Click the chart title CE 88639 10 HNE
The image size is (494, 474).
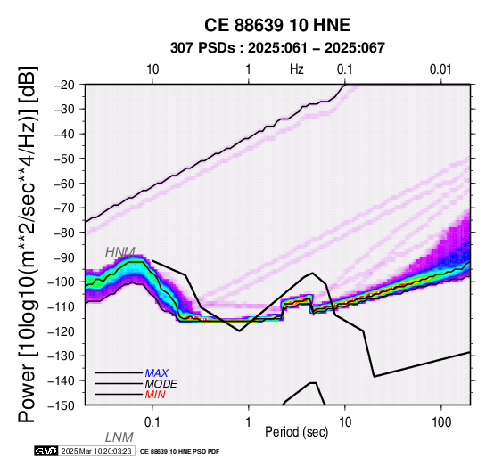tap(277, 25)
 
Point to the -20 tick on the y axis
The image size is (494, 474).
tap(65, 85)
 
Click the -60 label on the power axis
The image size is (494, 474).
tap(65, 184)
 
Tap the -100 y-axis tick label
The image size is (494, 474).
tap(62, 282)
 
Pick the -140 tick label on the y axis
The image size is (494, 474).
tap(62, 380)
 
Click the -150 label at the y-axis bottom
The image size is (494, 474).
tap(62, 405)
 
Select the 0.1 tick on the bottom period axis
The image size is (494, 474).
tap(152, 422)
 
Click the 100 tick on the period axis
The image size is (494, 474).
tap(441, 422)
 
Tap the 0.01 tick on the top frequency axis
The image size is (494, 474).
tap(440, 69)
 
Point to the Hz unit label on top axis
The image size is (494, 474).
tap(297, 69)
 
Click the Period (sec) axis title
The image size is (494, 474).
tap(296, 432)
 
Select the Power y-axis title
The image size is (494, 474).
tap(28, 244)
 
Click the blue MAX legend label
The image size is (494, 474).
tap(157, 373)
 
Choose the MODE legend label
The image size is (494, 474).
tap(161, 384)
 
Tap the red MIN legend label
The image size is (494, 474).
tap(155, 395)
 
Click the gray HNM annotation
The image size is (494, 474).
tap(120, 252)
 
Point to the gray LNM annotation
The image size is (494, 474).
tap(119, 437)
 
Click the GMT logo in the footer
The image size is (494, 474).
tap(46, 451)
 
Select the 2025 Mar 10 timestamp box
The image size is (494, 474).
tap(96, 451)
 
